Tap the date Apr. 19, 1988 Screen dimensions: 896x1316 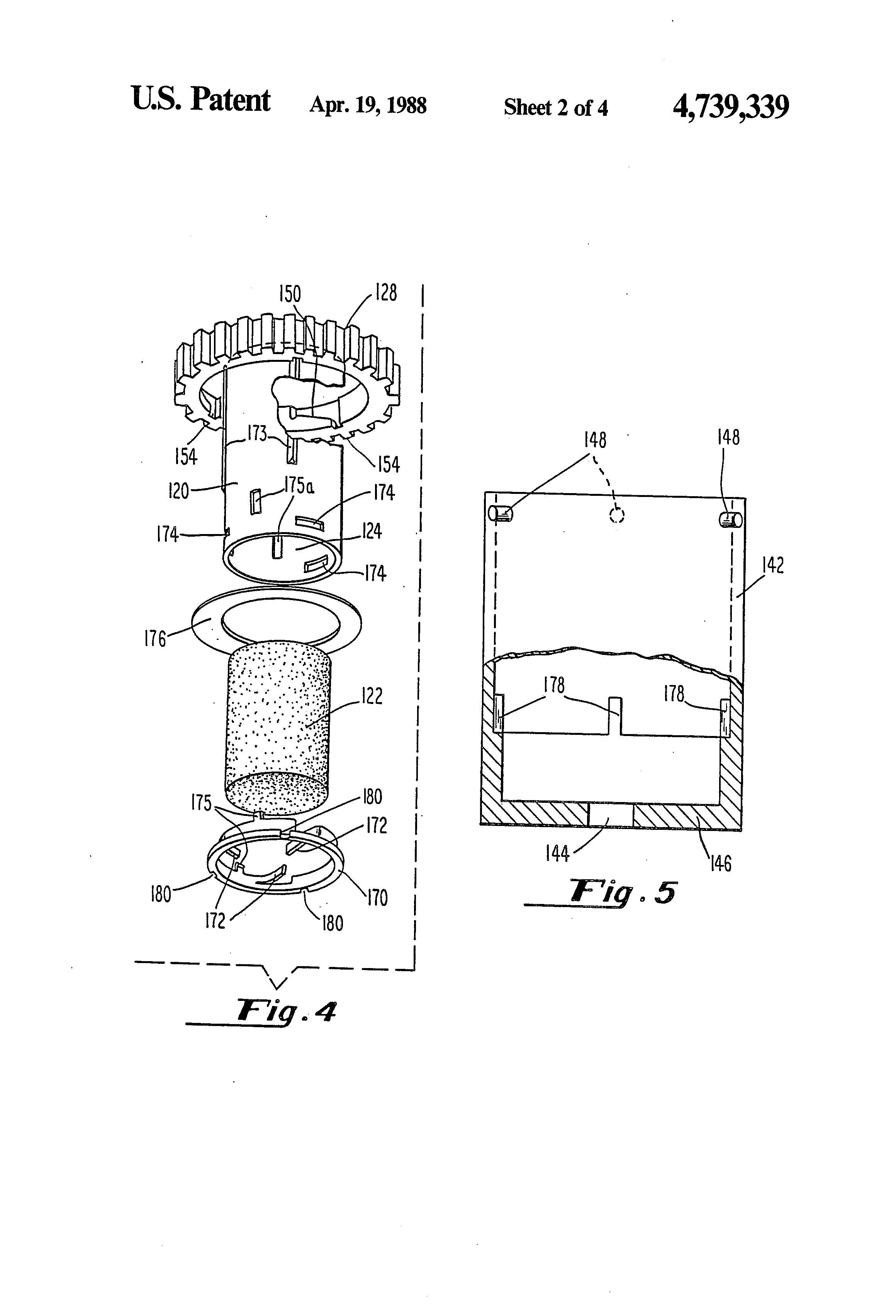[x=368, y=105]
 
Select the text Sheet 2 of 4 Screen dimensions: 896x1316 [x=556, y=107]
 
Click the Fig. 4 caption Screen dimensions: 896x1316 [x=286, y=1011]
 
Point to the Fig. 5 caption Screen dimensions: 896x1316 [x=623, y=892]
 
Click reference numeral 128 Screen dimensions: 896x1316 [x=386, y=293]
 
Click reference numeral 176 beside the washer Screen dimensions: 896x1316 [x=154, y=639]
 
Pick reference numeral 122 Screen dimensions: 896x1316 [x=372, y=695]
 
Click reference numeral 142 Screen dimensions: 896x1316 [x=773, y=565]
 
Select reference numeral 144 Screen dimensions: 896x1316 [x=557, y=853]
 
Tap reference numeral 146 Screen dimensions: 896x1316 [x=720, y=863]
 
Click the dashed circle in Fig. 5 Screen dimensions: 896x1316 [x=616, y=515]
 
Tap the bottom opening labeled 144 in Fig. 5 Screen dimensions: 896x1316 [x=611, y=816]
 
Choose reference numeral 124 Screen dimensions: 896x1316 [x=372, y=531]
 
